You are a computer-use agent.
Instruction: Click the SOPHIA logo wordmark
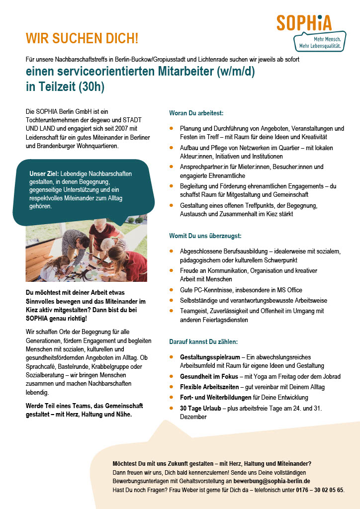(304, 23)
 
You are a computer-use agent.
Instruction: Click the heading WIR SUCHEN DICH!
(82, 38)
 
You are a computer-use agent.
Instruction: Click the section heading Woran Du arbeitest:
(196, 114)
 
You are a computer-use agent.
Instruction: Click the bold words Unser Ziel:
(44, 173)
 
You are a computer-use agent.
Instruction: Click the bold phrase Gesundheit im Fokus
(209, 377)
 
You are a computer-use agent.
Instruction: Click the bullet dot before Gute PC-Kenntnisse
(172, 290)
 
